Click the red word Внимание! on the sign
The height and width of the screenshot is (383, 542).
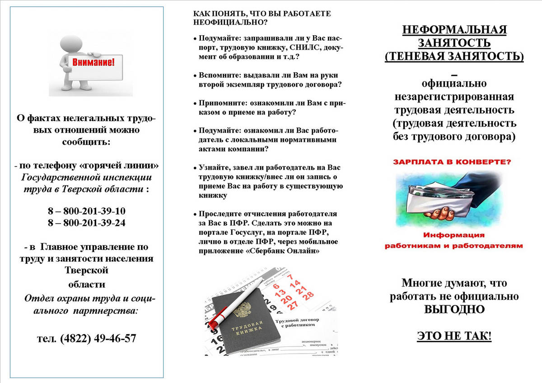coord(93,61)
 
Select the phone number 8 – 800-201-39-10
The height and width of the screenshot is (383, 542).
coord(86,211)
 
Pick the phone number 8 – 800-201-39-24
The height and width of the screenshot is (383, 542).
coord(86,223)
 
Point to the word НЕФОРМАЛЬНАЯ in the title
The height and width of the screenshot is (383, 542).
coord(454,30)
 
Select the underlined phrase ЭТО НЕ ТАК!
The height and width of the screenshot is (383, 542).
coord(454,336)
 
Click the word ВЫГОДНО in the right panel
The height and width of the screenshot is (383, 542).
coord(454,310)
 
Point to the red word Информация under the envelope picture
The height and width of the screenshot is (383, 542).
coord(453,235)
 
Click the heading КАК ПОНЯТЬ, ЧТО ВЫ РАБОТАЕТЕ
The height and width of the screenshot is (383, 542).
coord(262,14)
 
